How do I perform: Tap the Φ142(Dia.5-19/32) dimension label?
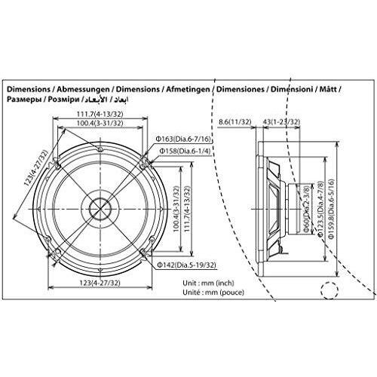pos(185,265)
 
